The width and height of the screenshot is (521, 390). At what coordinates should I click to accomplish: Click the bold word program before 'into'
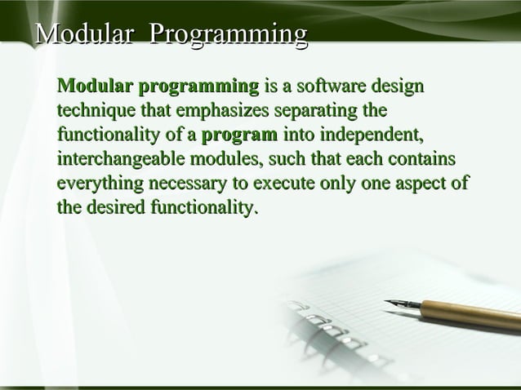(239, 135)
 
